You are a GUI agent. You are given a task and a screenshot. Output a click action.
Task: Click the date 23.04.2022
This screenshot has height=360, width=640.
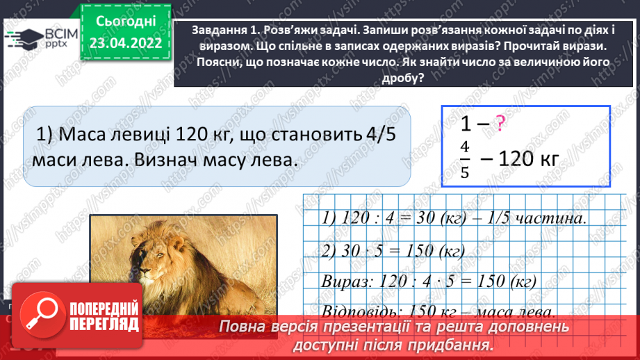[126, 43]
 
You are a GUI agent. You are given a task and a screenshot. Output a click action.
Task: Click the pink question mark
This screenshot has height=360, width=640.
[500, 124]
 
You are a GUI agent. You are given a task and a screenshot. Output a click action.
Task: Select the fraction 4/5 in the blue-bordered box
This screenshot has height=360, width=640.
[465, 160]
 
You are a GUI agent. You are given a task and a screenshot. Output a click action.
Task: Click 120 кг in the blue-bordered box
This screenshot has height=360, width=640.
[529, 158]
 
